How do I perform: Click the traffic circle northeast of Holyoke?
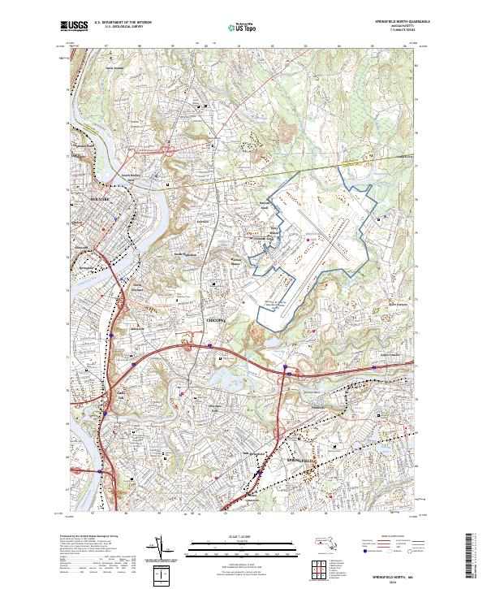point(169,150)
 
